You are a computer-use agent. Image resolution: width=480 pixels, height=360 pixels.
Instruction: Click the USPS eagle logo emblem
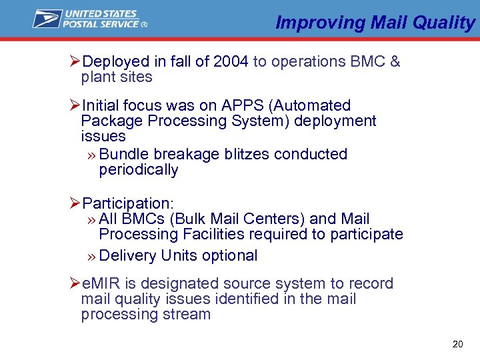[x=47, y=19]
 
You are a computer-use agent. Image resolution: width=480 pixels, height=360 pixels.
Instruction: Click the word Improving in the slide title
[x=311, y=23]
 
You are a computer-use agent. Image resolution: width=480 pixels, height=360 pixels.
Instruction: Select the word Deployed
[x=115, y=62]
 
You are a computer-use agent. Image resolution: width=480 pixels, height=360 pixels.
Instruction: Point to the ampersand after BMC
[x=395, y=62]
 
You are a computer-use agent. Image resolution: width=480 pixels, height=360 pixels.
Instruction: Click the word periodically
[x=139, y=169]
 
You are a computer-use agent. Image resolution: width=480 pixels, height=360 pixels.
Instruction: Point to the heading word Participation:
[x=126, y=203]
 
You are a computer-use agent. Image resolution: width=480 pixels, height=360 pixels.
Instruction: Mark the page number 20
[x=457, y=344]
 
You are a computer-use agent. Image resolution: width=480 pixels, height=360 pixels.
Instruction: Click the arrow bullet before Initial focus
[x=75, y=105]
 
